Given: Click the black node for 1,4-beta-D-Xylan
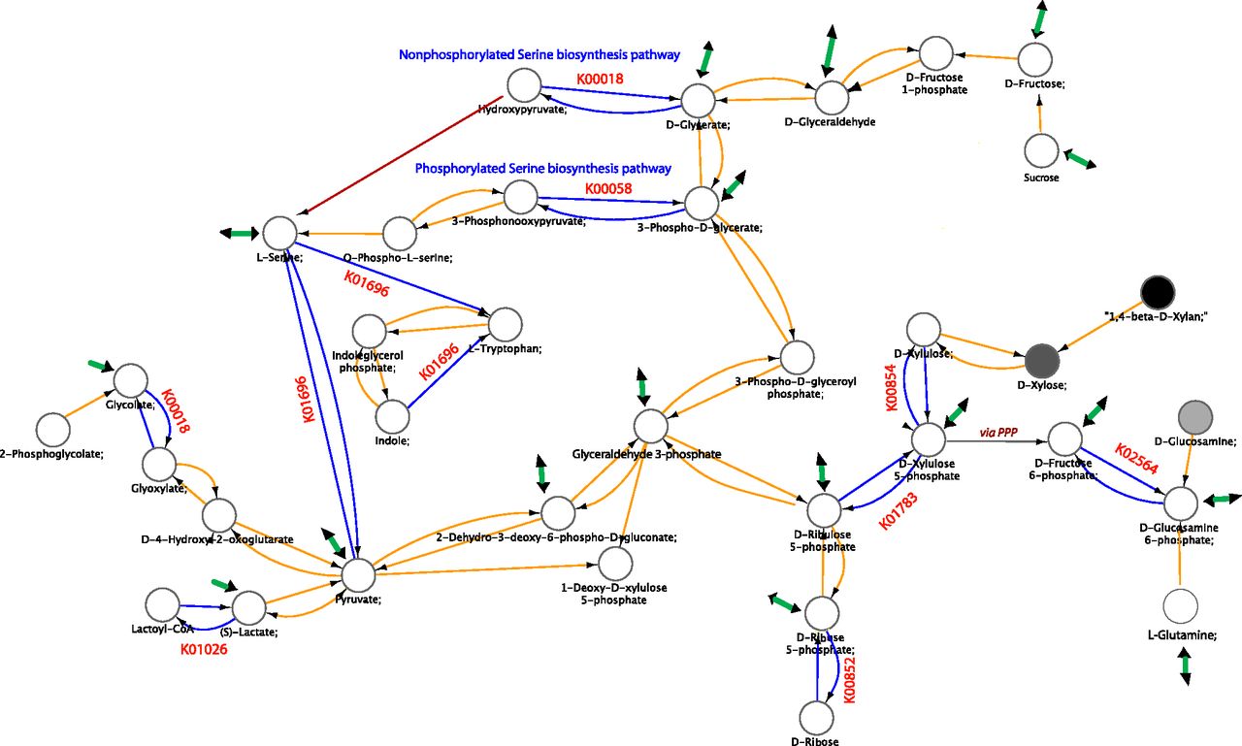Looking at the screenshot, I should click(x=1158, y=291).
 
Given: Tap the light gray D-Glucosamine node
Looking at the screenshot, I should click(x=1193, y=417).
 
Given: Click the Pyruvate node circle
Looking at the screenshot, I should click(x=357, y=575).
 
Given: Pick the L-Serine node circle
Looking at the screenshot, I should click(x=279, y=233).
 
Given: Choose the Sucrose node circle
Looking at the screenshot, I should click(x=1041, y=151).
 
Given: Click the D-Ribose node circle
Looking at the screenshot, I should click(x=818, y=718).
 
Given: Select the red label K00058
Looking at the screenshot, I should click(x=607, y=188).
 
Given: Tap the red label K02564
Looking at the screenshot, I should click(x=1135, y=461).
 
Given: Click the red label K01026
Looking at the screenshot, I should click(x=205, y=649).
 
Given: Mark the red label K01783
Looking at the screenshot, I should click(x=898, y=510).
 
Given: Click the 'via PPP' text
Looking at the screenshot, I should click(x=998, y=433).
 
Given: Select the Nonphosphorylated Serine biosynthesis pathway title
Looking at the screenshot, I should click(x=539, y=54).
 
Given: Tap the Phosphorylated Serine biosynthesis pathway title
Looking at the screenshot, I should click(x=542, y=168).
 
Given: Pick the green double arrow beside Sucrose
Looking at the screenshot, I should click(x=1080, y=159).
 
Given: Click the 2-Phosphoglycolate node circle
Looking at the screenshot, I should click(x=52, y=429).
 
